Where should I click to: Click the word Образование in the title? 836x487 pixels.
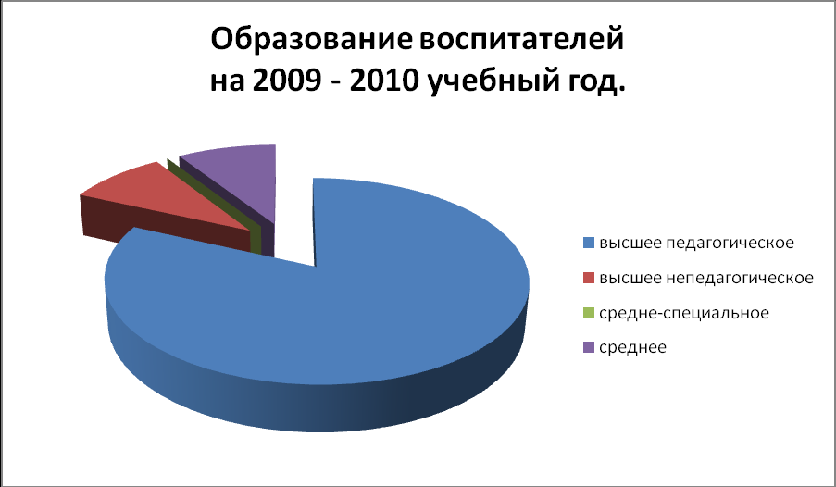(311, 40)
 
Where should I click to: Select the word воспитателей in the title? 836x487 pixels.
(521, 41)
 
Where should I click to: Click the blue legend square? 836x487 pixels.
(589, 243)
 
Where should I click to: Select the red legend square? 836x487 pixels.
(589, 278)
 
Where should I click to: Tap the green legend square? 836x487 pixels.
(589, 313)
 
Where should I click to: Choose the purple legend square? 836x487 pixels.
(589, 347)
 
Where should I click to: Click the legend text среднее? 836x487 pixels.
(633, 348)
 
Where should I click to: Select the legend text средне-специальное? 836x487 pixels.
(684, 313)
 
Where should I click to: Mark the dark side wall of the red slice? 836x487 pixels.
(167, 225)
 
